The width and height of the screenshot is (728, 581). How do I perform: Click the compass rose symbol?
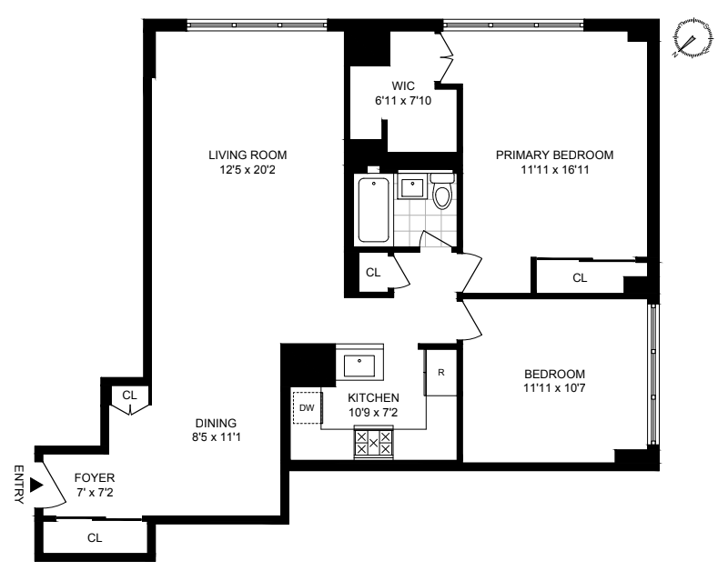tap(693, 38)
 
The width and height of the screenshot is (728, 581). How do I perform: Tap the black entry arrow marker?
tap(36, 485)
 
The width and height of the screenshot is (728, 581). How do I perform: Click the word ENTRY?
tap(18, 485)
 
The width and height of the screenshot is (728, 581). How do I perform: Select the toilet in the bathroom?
tap(441, 191)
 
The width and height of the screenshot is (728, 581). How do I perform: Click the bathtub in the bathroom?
tap(373, 210)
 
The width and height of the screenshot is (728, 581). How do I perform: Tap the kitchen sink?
tap(359, 366)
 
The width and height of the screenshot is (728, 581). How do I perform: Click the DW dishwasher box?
tap(307, 407)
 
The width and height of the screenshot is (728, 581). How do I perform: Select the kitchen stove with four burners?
tap(373, 442)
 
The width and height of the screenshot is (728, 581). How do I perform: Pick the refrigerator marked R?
tap(441, 372)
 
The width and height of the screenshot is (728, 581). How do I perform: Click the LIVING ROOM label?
tap(248, 155)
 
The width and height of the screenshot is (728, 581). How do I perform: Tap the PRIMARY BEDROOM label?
tap(554, 155)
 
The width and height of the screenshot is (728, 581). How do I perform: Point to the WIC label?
tap(403, 85)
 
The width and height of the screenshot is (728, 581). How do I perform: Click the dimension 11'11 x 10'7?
tap(554, 387)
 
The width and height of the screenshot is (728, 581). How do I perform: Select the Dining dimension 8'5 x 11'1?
tap(217, 436)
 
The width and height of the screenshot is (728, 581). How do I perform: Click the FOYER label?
tap(95, 477)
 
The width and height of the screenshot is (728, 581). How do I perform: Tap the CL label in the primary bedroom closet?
tap(580, 278)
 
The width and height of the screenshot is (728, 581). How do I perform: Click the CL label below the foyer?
tap(95, 538)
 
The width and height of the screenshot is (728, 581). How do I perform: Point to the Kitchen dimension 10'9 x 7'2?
tap(373, 412)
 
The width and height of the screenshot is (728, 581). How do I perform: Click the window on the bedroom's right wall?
tap(653, 375)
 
